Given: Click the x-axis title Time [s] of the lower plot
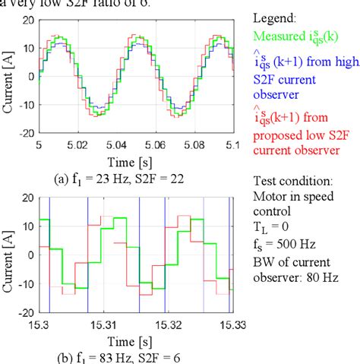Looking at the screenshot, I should click(138, 337).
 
